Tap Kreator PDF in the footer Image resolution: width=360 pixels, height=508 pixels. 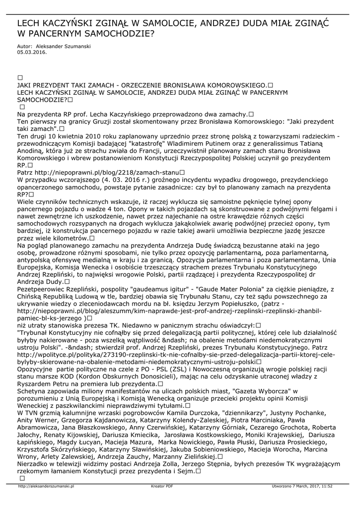pyautogui.click(x=162, y=486)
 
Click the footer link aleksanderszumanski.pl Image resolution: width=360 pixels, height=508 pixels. pyautogui.click(x=46, y=486)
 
